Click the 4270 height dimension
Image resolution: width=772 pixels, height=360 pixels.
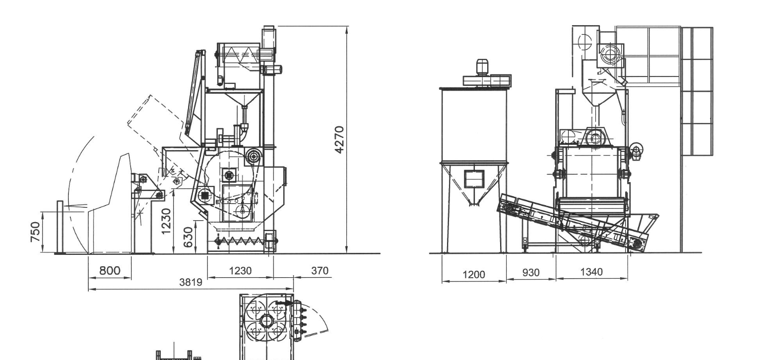pyautogui.click(x=339, y=139)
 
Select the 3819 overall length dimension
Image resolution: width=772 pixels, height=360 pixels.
pyautogui.click(x=191, y=283)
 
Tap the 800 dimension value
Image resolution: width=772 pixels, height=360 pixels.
pyautogui.click(x=110, y=271)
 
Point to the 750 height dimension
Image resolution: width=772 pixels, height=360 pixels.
pyautogui.click(x=36, y=232)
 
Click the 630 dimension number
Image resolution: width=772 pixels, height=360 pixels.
pyautogui.click(x=188, y=237)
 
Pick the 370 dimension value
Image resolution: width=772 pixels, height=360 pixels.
pyautogui.click(x=320, y=271)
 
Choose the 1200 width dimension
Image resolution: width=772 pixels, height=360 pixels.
pyautogui.click(x=473, y=275)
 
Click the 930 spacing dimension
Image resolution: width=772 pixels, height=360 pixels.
pyautogui.click(x=531, y=273)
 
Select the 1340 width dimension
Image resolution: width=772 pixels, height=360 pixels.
pyautogui.click(x=591, y=272)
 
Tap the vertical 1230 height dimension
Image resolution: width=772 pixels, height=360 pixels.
pyautogui.click(x=166, y=221)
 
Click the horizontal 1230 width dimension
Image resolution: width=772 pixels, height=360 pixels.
pyautogui.click(x=240, y=271)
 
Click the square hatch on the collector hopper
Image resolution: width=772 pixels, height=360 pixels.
pyautogui.click(x=474, y=179)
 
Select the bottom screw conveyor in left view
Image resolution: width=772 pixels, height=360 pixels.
pyautogui.click(x=243, y=241)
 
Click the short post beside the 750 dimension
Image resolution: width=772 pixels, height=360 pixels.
pyautogui.click(x=60, y=227)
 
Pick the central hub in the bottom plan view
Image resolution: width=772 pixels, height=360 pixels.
pyautogui.click(x=266, y=321)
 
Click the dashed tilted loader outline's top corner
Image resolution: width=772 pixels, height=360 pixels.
pyautogui.click(x=151, y=95)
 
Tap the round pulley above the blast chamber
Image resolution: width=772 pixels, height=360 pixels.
pyautogui.click(x=254, y=157)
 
